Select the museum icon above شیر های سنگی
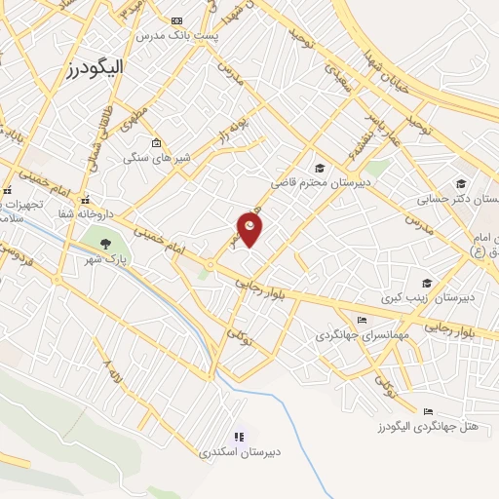[156, 143]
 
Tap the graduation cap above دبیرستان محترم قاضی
[321, 169]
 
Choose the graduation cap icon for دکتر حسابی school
[461, 183]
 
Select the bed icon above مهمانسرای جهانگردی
[363, 320]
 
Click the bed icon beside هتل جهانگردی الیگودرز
[428, 411]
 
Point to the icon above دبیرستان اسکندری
[238, 438]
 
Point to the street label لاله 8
[114, 374]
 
